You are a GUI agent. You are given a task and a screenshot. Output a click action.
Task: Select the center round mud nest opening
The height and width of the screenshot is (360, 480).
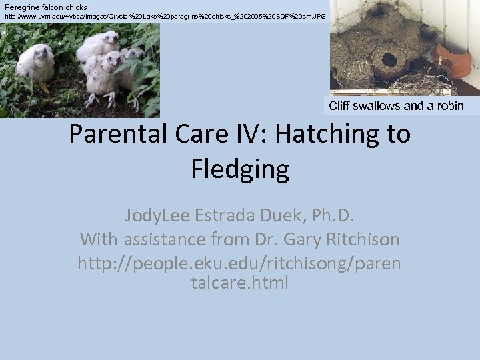[x=389, y=59]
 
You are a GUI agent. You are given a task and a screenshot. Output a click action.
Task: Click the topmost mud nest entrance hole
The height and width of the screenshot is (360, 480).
[x=377, y=11]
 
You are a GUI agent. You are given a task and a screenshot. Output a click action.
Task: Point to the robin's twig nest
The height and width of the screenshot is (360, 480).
[x=413, y=85]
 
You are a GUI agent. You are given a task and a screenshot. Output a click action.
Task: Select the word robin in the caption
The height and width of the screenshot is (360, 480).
[x=450, y=106]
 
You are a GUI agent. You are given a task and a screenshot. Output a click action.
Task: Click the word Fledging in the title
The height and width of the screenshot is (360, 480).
[x=240, y=169]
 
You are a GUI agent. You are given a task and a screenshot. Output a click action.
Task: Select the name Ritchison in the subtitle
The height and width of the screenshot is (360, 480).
[x=361, y=238]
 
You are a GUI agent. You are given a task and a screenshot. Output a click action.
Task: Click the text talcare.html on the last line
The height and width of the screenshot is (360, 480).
[x=240, y=282]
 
